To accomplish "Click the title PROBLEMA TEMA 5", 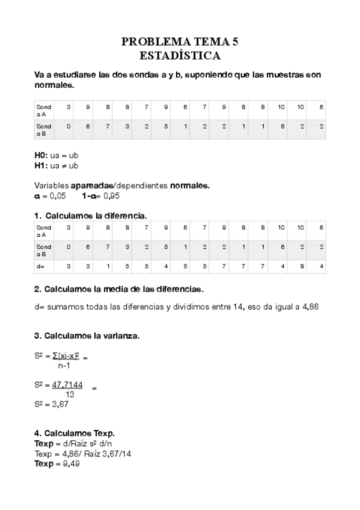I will click(180, 42).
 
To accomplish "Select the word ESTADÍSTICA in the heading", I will click(180, 56).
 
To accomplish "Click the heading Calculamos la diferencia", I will click(96, 215).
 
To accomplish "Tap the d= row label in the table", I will click(40, 265).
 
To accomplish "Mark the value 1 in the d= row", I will click(108, 265).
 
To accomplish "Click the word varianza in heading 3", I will click(118, 336).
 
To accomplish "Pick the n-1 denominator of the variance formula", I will click(66, 364).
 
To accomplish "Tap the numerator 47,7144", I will click(67, 385).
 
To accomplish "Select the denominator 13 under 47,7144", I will click(70, 395).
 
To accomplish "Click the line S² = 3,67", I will click(52, 404).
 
